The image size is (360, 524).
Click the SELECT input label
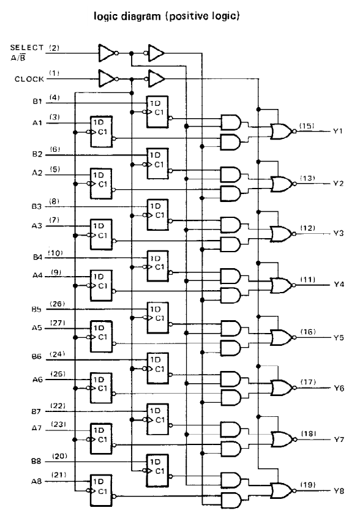click(27, 48)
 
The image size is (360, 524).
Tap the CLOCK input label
click(29, 79)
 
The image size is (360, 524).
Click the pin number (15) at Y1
click(307, 126)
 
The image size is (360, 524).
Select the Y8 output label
click(339, 491)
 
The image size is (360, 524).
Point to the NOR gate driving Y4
click(283, 285)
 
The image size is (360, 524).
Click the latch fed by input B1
click(157, 112)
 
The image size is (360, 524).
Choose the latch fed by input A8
click(102, 490)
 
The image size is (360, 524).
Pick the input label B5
click(37, 310)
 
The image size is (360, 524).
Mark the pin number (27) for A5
click(58, 323)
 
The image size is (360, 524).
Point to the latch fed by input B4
click(157, 266)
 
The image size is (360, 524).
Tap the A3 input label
click(37, 226)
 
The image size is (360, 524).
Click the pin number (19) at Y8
click(308, 485)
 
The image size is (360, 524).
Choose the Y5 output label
click(339, 337)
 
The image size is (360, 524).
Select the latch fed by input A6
click(102, 387)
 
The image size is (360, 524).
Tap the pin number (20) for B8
click(59, 456)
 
